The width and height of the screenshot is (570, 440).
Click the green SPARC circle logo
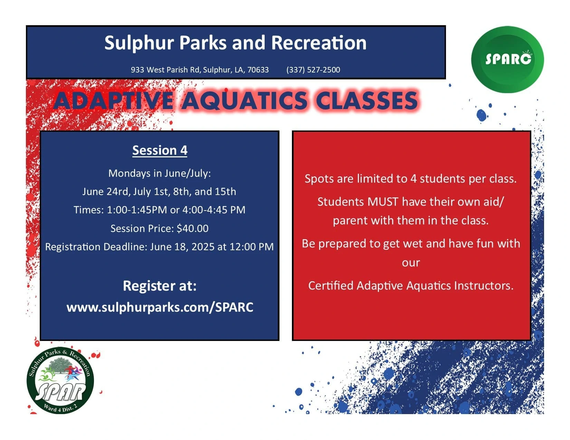507,59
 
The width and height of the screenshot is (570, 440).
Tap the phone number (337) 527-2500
313,70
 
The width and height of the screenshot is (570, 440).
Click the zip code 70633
258,70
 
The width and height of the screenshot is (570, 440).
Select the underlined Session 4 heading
160,150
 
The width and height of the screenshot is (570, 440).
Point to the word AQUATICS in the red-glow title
245,100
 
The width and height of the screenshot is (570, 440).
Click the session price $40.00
192,228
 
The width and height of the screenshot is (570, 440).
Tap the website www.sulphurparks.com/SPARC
160,307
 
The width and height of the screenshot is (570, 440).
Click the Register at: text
160,286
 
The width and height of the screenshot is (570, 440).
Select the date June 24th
106,192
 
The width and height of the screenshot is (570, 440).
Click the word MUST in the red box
383,202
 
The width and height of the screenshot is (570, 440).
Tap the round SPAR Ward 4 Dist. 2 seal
60,381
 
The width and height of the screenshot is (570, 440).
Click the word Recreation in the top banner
319,43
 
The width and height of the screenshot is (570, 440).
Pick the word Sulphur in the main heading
139,43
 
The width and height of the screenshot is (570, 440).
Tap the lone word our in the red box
411,263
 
